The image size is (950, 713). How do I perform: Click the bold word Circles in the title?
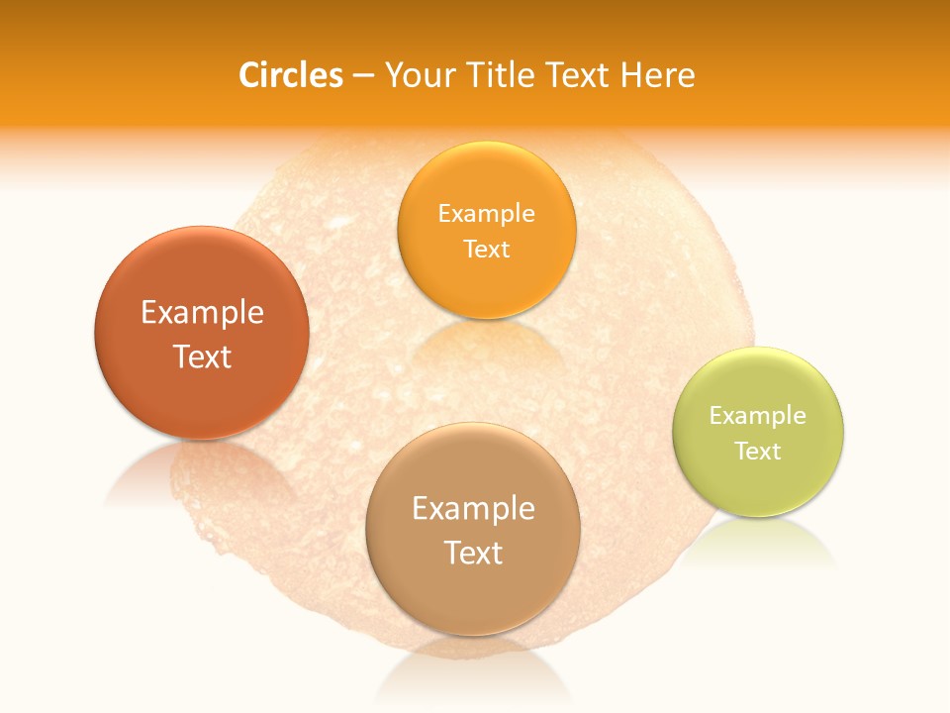(291, 75)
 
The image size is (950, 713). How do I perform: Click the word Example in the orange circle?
(486, 214)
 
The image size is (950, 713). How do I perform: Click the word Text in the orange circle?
(486, 249)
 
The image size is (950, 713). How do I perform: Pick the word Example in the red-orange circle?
(202, 313)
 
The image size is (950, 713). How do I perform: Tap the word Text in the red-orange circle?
(202, 356)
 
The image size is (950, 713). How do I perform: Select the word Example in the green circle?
(757, 416)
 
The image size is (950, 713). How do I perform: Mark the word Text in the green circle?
(757, 452)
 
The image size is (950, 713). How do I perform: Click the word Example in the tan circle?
(473, 509)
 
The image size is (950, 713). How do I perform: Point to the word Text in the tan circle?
(473, 553)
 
